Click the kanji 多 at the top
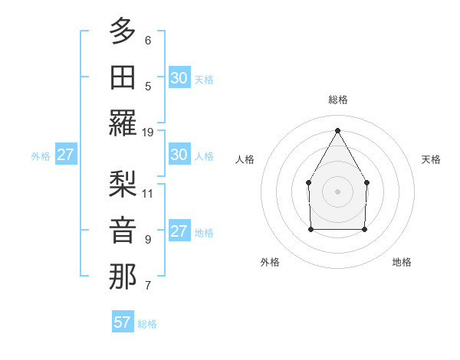[x=123, y=31]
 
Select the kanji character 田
[x=123, y=77]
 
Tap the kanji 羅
[x=123, y=123]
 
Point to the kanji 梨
[x=123, y=184]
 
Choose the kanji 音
[x=123, y=230]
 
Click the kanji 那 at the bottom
[x=123, y=276]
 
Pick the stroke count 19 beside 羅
[x=148, y=133]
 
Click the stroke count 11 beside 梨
[x=148, y=193]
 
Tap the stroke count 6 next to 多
[x=148, y=41]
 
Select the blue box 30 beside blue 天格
[x=179, y=77]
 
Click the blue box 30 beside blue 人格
[x=179, y=155]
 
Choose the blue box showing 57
[x=123, y=322]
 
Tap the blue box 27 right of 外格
[x=66, y=155]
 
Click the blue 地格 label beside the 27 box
[x=204, y=233]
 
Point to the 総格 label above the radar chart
[x=337, y=100]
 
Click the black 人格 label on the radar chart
[x=245, y=159]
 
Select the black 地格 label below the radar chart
[x=402, y=262]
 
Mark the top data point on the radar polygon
[x=337, y=129]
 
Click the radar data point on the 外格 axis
[x=310, y=228]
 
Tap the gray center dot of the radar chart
[x=337, y=191]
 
